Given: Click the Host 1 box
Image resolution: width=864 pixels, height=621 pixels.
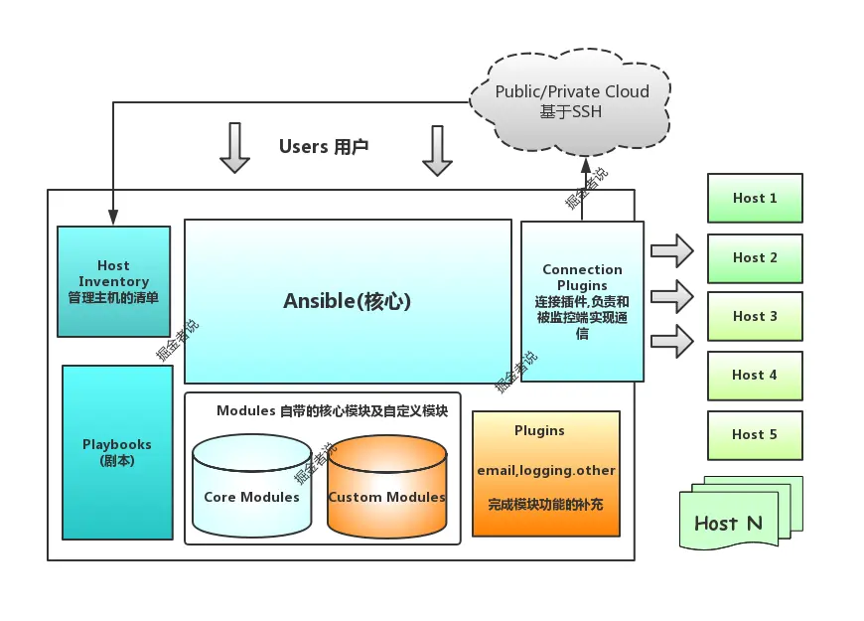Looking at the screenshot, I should coord(754,198).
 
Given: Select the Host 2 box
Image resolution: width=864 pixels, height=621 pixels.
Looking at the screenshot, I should coord(754,257).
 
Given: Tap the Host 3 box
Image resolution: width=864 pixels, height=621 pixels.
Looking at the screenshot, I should coord(754,316).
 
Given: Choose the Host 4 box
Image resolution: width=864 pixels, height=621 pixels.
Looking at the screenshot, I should coord(754,375).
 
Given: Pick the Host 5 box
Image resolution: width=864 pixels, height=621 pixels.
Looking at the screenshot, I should coord(754,434).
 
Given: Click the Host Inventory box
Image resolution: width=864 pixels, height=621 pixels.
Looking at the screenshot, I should coord(113,281).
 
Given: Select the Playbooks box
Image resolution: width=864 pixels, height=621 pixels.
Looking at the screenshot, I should coord(117,452).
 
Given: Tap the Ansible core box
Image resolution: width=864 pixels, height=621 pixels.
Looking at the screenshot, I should coord(348,301).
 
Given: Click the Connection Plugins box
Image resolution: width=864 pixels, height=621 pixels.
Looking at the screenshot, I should coord(582,301).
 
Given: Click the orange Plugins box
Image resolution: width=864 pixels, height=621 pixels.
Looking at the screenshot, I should coord(545,473).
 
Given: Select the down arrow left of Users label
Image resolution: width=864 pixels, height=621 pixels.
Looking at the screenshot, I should coord(234,148).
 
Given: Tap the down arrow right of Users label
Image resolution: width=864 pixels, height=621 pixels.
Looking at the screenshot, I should coord(437,150).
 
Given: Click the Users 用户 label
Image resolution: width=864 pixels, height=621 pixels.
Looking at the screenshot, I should coord(324,147).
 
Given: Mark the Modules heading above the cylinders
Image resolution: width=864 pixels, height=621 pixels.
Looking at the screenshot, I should coord(332,410).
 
